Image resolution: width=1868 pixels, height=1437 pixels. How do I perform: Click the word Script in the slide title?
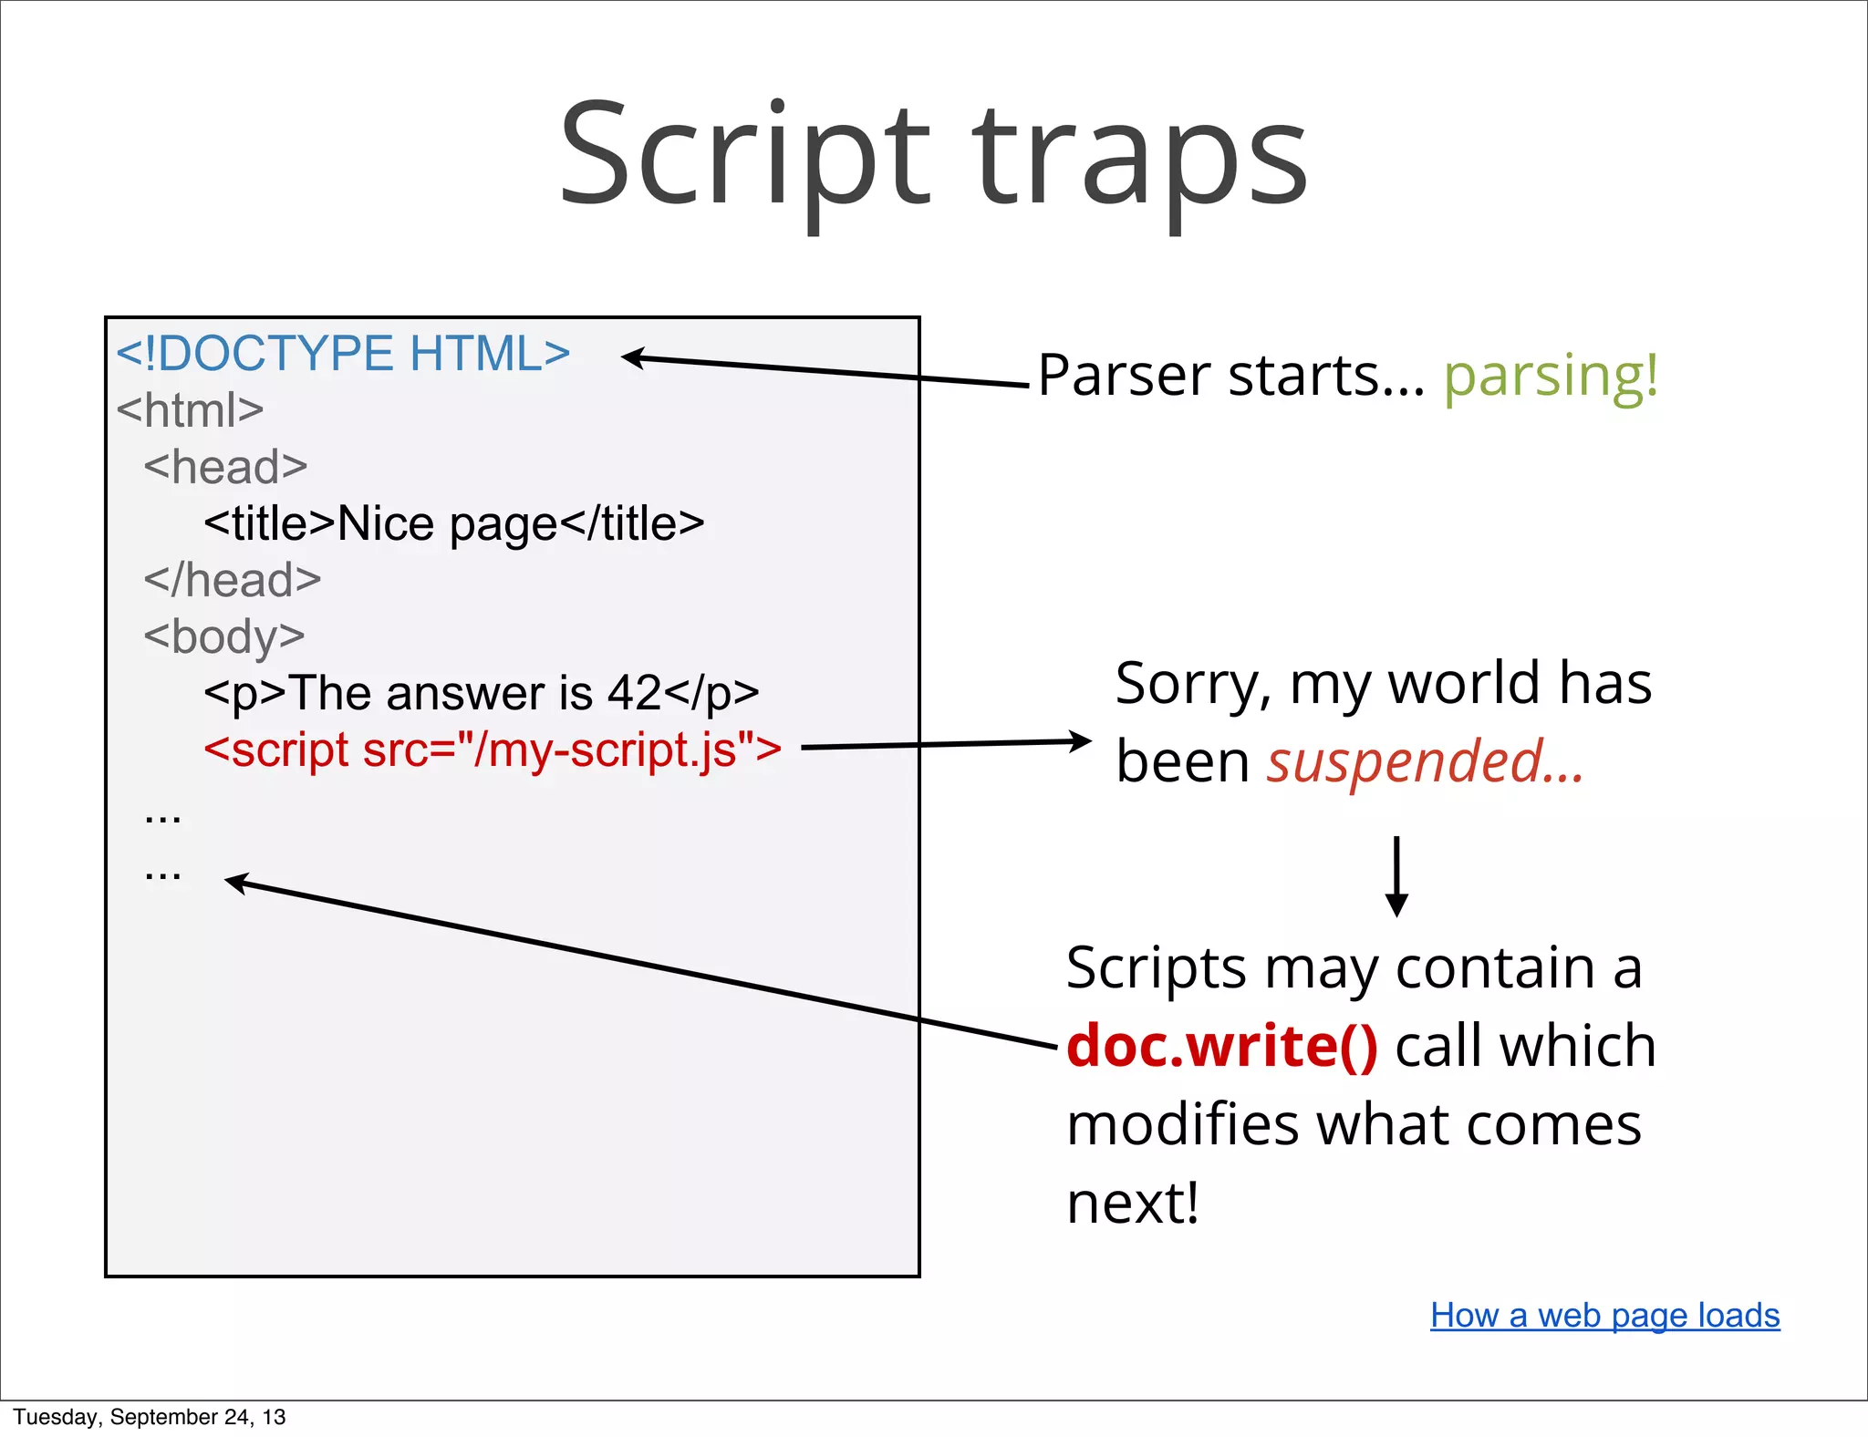(743, 155)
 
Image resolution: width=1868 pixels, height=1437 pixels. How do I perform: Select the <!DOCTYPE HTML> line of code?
(343, 354)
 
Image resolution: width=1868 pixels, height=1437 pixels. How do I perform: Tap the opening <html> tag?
(190, 410)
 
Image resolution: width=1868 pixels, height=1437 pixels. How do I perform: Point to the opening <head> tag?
(225, 467)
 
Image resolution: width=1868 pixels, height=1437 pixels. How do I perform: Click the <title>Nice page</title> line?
(453, 524)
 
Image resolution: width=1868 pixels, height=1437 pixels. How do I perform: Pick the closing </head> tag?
(233, 580)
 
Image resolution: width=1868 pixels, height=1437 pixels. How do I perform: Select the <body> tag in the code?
(224, 636)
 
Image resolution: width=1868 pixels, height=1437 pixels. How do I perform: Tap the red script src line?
(493, 750)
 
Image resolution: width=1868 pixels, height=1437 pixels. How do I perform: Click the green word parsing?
(1550, 376)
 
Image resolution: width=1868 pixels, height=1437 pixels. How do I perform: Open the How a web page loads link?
(1604, 1315)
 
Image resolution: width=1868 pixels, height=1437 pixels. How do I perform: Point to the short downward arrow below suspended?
(1396, 875)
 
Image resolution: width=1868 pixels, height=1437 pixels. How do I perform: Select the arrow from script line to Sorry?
(945, 744)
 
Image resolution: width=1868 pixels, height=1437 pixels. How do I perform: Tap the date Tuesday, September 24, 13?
(150, 1417)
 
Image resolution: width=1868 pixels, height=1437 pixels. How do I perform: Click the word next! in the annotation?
(1132, 1203)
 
